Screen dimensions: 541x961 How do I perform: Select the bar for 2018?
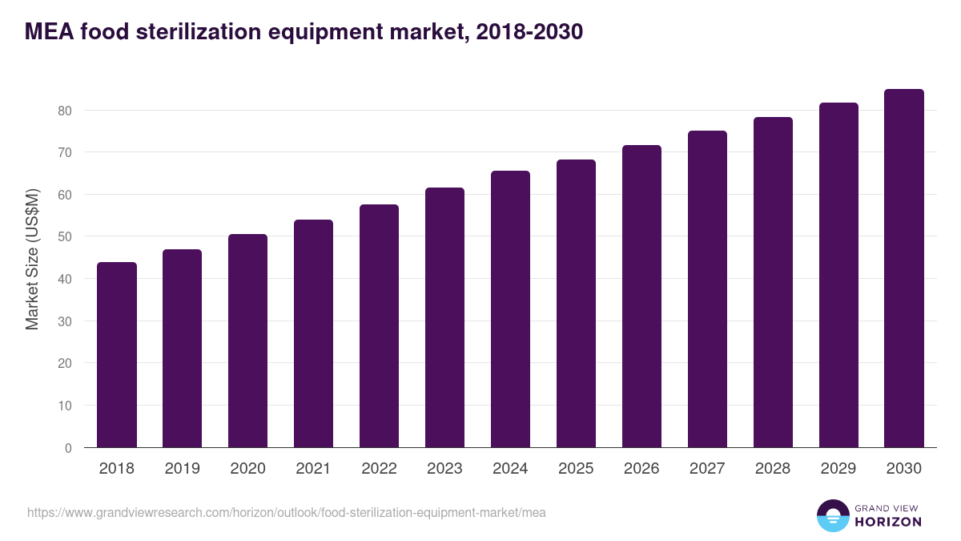coord(117,355)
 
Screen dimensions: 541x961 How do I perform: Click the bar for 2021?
coord(313,333)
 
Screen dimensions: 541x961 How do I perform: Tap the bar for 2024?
coord(510,309)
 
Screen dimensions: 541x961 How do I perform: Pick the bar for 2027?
coord(707,289)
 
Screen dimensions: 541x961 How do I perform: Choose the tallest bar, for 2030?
coord(904,268)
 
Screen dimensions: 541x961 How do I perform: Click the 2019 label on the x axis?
coord(182,469)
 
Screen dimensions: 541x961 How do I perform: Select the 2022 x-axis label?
coord(379,469)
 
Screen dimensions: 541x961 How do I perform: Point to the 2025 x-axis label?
coord(576,469)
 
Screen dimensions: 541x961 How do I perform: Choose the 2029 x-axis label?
coord(838,469)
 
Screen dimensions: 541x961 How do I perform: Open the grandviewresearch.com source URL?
coord(287,512)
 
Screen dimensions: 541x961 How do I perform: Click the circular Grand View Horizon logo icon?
coord(832,516)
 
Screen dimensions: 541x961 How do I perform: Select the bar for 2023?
coord(444,317)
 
